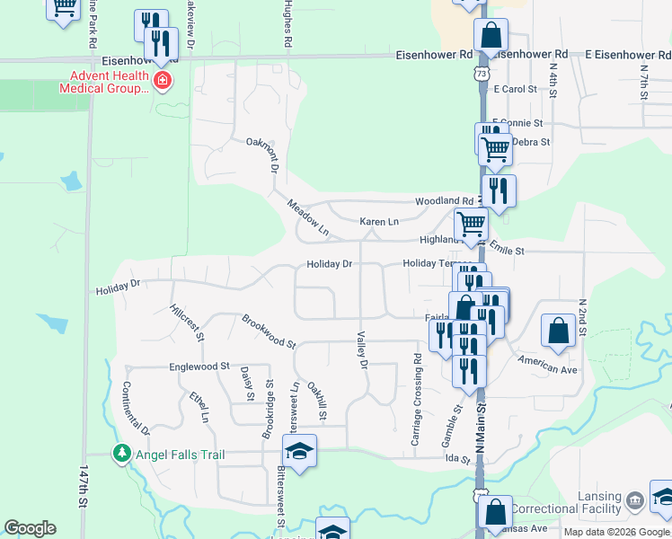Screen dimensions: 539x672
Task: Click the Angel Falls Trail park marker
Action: coord(122,455)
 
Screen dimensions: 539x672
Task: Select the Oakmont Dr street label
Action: coord(263,155)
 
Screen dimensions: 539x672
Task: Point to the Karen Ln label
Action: coord(378,221)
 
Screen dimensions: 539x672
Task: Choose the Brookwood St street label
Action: coord(269,331)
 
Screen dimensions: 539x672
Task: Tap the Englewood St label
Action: coord(199,367)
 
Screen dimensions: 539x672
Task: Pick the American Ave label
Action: coord(548,365)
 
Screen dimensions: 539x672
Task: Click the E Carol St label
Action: coord(515,90)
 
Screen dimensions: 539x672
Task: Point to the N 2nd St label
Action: coord(581,318)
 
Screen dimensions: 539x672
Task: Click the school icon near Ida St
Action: coord(300,451)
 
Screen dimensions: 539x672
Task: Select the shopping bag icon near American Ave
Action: coord(558,331)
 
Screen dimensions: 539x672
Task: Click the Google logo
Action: coord(30,528)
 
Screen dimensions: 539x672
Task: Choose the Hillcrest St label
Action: coord(187,322)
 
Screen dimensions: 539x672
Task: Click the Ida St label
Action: coord(458,459)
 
